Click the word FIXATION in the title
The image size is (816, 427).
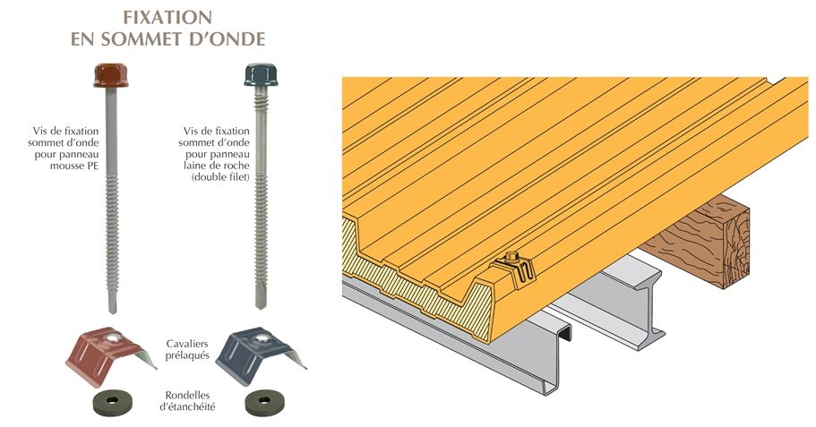167,17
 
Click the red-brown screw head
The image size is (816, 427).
111,75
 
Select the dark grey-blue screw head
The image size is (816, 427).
261,74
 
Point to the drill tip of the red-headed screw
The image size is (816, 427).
112,307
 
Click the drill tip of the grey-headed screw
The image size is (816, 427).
262,303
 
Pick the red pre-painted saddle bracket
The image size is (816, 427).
109,355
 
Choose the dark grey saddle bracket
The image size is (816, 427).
259,355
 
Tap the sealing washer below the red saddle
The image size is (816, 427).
112,403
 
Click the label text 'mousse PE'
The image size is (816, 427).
74,166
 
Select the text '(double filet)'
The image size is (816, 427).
220,177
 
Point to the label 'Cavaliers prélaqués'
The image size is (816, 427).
187,349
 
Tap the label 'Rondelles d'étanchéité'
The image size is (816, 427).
187,401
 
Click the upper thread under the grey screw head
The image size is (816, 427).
261,103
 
